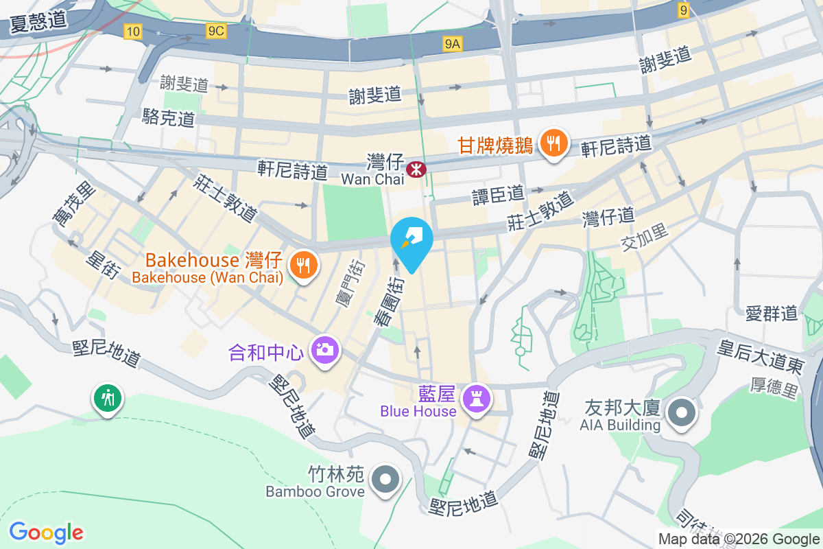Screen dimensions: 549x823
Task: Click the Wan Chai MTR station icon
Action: point(416,169)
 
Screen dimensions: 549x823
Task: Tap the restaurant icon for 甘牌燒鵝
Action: point(553,143)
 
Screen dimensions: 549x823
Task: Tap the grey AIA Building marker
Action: point(682,413)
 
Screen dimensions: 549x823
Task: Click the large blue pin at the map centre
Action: point(411,242)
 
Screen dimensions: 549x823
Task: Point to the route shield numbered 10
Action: point(133,31)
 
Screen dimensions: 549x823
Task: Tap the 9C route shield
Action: point(216,31)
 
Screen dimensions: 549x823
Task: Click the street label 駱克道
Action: point(169,117)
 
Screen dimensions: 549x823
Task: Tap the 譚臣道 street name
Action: point(498,194)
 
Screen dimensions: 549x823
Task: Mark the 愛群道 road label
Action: point(772,314)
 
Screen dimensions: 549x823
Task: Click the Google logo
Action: point(47,533)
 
